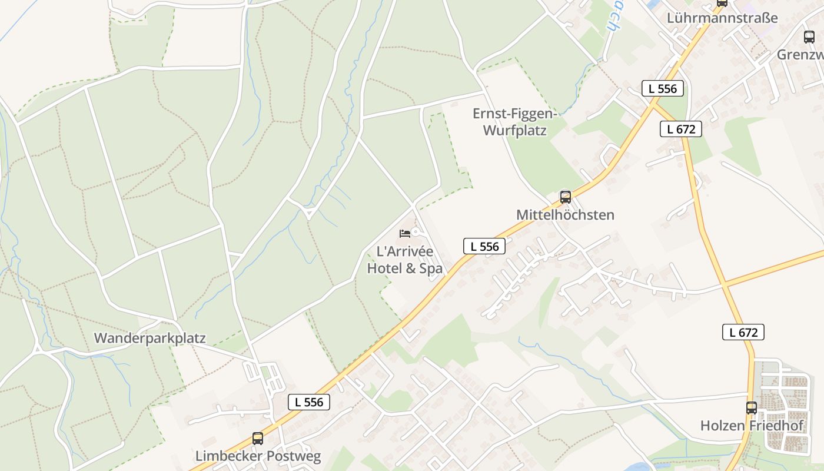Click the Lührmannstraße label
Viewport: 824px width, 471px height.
[722, 18]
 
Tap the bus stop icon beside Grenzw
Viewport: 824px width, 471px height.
[809, 37]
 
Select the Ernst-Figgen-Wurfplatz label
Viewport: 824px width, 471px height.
[515, 122]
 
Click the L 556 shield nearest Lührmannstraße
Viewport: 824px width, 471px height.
[663, 88]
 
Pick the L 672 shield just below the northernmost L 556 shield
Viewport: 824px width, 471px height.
[681, 129]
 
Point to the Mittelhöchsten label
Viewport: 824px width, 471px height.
[565, 215]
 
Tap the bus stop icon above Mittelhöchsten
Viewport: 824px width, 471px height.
[566, 197]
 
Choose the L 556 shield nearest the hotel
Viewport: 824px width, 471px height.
[484, 246]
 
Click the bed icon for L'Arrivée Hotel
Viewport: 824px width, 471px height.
[405, 234]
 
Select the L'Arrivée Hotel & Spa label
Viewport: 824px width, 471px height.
[405, 260]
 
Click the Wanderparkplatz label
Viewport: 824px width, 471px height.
[150, 339]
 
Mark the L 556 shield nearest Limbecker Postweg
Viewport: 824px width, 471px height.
[309, 402]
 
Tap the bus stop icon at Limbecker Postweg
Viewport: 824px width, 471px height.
[258, 439]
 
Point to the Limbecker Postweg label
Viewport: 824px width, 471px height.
[258, 456]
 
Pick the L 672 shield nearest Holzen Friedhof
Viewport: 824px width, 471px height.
[743, 332]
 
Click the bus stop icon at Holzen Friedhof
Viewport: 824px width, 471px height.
[752, 408]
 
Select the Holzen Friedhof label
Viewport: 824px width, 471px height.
[752, 426]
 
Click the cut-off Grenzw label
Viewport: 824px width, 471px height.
[800, 55]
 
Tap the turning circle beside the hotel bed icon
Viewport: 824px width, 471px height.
[416, 232]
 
